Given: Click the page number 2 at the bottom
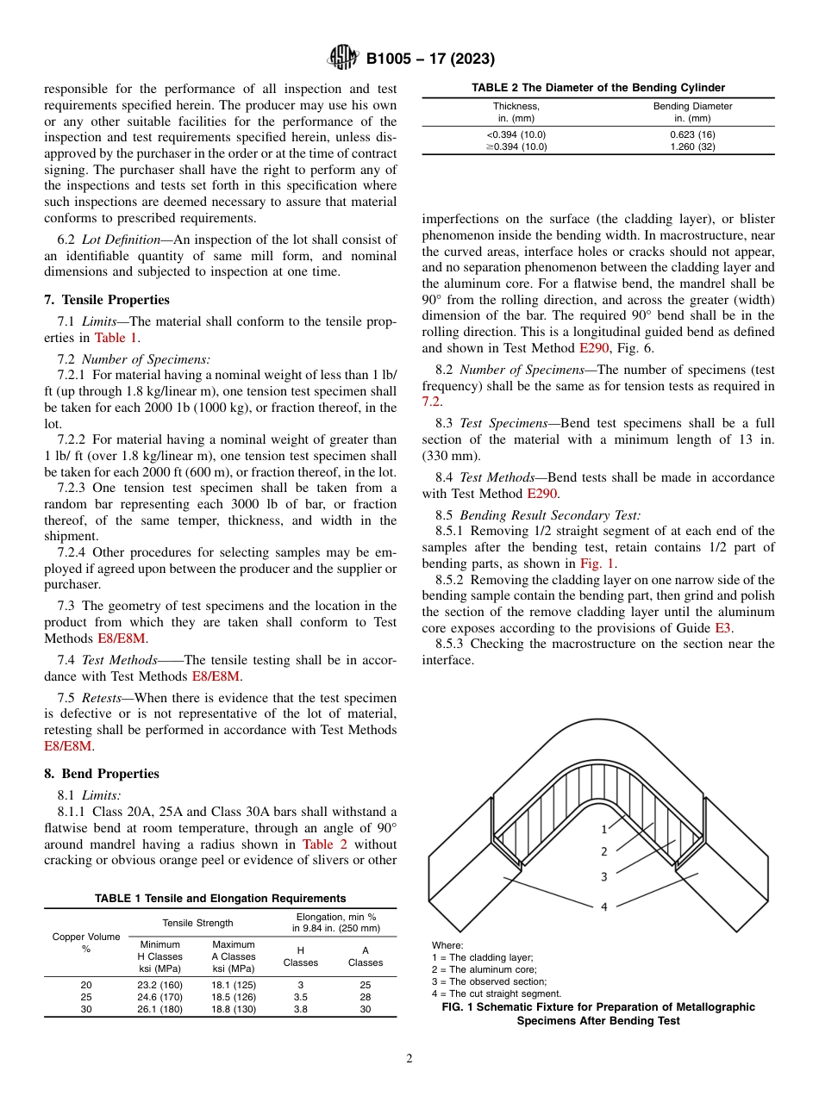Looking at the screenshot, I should tap(409, 1059).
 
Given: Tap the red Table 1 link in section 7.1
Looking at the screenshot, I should tap(116, 338).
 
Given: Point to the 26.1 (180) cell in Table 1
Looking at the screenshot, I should tap(160, 1009).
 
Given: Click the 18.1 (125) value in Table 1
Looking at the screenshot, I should tap(234, 984).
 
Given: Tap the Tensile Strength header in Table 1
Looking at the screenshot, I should tap(197, 923).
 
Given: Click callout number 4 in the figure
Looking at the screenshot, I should tap(604, 906).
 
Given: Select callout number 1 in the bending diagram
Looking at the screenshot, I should tap(604, 829).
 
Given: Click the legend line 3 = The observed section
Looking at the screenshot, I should tap(489, 981).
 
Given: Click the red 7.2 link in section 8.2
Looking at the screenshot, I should tap(431, 402).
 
